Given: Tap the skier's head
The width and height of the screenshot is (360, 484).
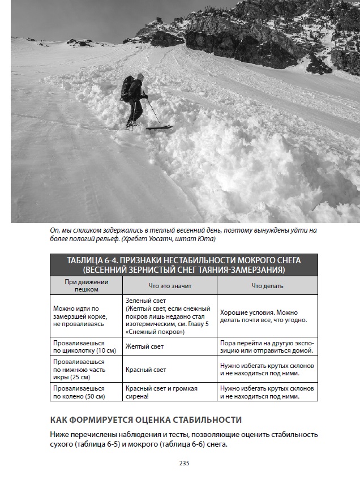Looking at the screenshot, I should click(139, 79).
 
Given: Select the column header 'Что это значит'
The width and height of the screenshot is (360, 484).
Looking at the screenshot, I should click(170, 286).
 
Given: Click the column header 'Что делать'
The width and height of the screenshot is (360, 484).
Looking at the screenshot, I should click(267, 286).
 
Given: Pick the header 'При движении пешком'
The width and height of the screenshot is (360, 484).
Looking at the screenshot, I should click(86, 285).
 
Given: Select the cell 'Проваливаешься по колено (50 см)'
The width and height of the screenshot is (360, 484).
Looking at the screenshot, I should click(79, 392).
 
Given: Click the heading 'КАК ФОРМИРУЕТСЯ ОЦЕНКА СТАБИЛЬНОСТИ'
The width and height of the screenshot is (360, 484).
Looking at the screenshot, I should click(145, 419).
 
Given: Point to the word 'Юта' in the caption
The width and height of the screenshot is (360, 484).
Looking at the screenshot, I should click(208, 239).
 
